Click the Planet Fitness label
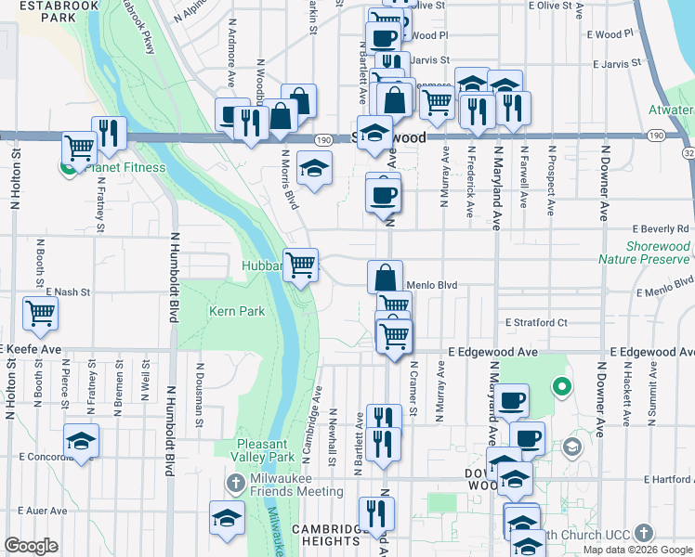[x=125, y=168]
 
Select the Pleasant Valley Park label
[x=266, y=450]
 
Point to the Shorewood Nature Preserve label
[x=645, y=253]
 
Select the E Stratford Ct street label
[x=536, y=323]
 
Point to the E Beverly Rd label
[x=661, y=228]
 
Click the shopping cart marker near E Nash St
[x=41, y=312]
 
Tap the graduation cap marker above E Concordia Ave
[x=82, y=441]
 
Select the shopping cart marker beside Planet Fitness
[x=79, y=146]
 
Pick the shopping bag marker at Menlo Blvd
[x=386, y=276]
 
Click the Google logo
[x=31, y=546]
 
